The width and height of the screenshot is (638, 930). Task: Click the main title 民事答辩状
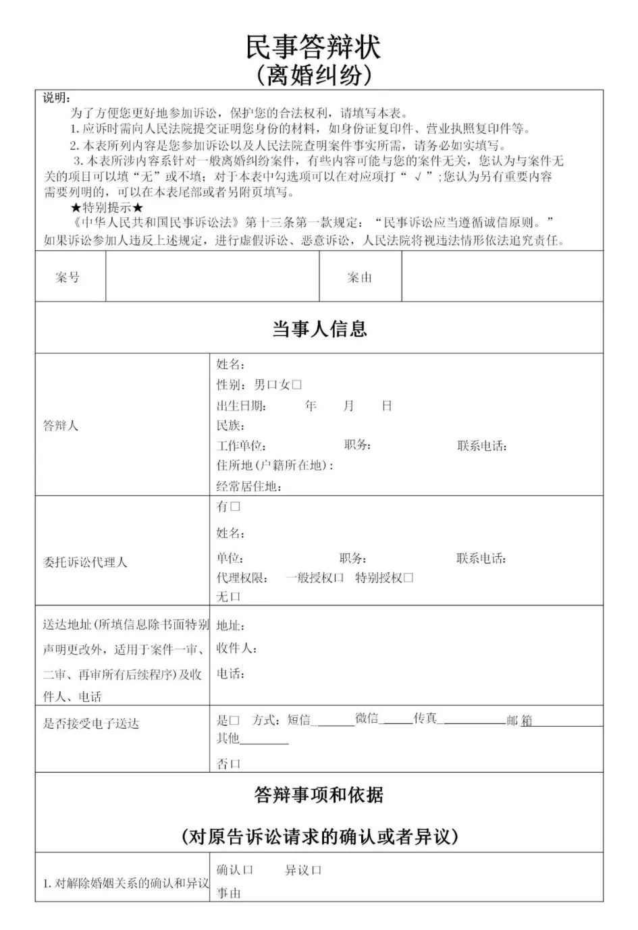[313, 47]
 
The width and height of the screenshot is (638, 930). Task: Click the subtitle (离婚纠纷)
[313, 76]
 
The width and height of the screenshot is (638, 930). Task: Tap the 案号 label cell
[68, 277]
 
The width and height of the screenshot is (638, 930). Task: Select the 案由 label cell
[359, 277]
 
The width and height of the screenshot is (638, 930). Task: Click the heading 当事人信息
[319, 329]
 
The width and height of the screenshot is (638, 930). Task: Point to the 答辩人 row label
[61, 426]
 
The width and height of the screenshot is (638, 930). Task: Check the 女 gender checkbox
[297, 385]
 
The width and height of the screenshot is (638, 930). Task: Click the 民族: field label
[230, 426]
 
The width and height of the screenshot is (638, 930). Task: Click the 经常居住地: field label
[248, 487]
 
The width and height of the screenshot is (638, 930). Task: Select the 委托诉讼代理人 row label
[85, 562]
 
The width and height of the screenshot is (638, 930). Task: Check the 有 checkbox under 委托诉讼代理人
[235, 506]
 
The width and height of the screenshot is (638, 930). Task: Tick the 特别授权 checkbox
[408, 578]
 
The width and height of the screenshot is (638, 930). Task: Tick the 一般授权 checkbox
[339, 578]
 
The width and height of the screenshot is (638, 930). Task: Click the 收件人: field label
[236, 649]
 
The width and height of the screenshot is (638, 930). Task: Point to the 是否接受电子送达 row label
[91, 723]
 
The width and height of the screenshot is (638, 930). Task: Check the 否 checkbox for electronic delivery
[236, 764]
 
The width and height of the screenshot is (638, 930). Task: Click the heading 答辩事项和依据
[319, 795]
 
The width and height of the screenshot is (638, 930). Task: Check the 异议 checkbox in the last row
[317, 870]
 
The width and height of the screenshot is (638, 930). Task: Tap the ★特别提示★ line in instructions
[107, 207]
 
